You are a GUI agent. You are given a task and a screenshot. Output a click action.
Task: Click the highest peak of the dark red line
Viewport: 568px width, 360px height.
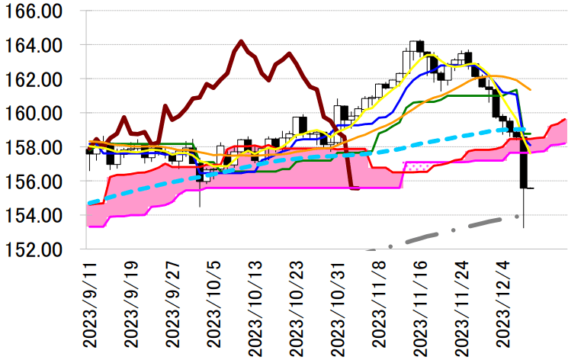(x=241, y=41)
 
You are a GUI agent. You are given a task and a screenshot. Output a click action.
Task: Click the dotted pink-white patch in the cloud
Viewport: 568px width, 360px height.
(x=418, y=164)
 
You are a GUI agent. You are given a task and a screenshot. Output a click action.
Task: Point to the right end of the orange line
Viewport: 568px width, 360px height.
(x=531, y=90)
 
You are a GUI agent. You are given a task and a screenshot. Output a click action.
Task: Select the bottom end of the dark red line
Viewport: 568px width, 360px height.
(x=355, y=188)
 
